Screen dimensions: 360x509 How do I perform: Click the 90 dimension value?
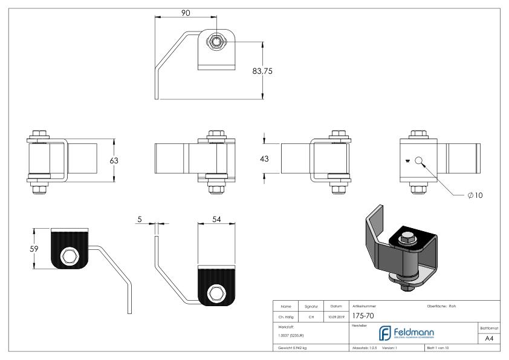[x=187, y=12]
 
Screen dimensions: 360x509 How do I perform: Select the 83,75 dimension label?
[x=262, y=71]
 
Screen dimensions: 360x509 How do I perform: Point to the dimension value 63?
[x=114, y=160]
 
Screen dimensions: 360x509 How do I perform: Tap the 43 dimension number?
[x=264, y=159]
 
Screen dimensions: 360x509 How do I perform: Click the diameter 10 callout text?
[x=475, y=195]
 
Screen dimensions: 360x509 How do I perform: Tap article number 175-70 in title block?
[x=363, y=315]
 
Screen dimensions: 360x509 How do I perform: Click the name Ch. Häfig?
[x=287, y=315]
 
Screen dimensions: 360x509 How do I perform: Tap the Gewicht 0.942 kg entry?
[x=292, y=348]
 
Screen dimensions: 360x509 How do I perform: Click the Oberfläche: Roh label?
[x=443, y=306]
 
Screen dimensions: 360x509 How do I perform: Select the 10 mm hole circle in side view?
[x=419, y=160]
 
